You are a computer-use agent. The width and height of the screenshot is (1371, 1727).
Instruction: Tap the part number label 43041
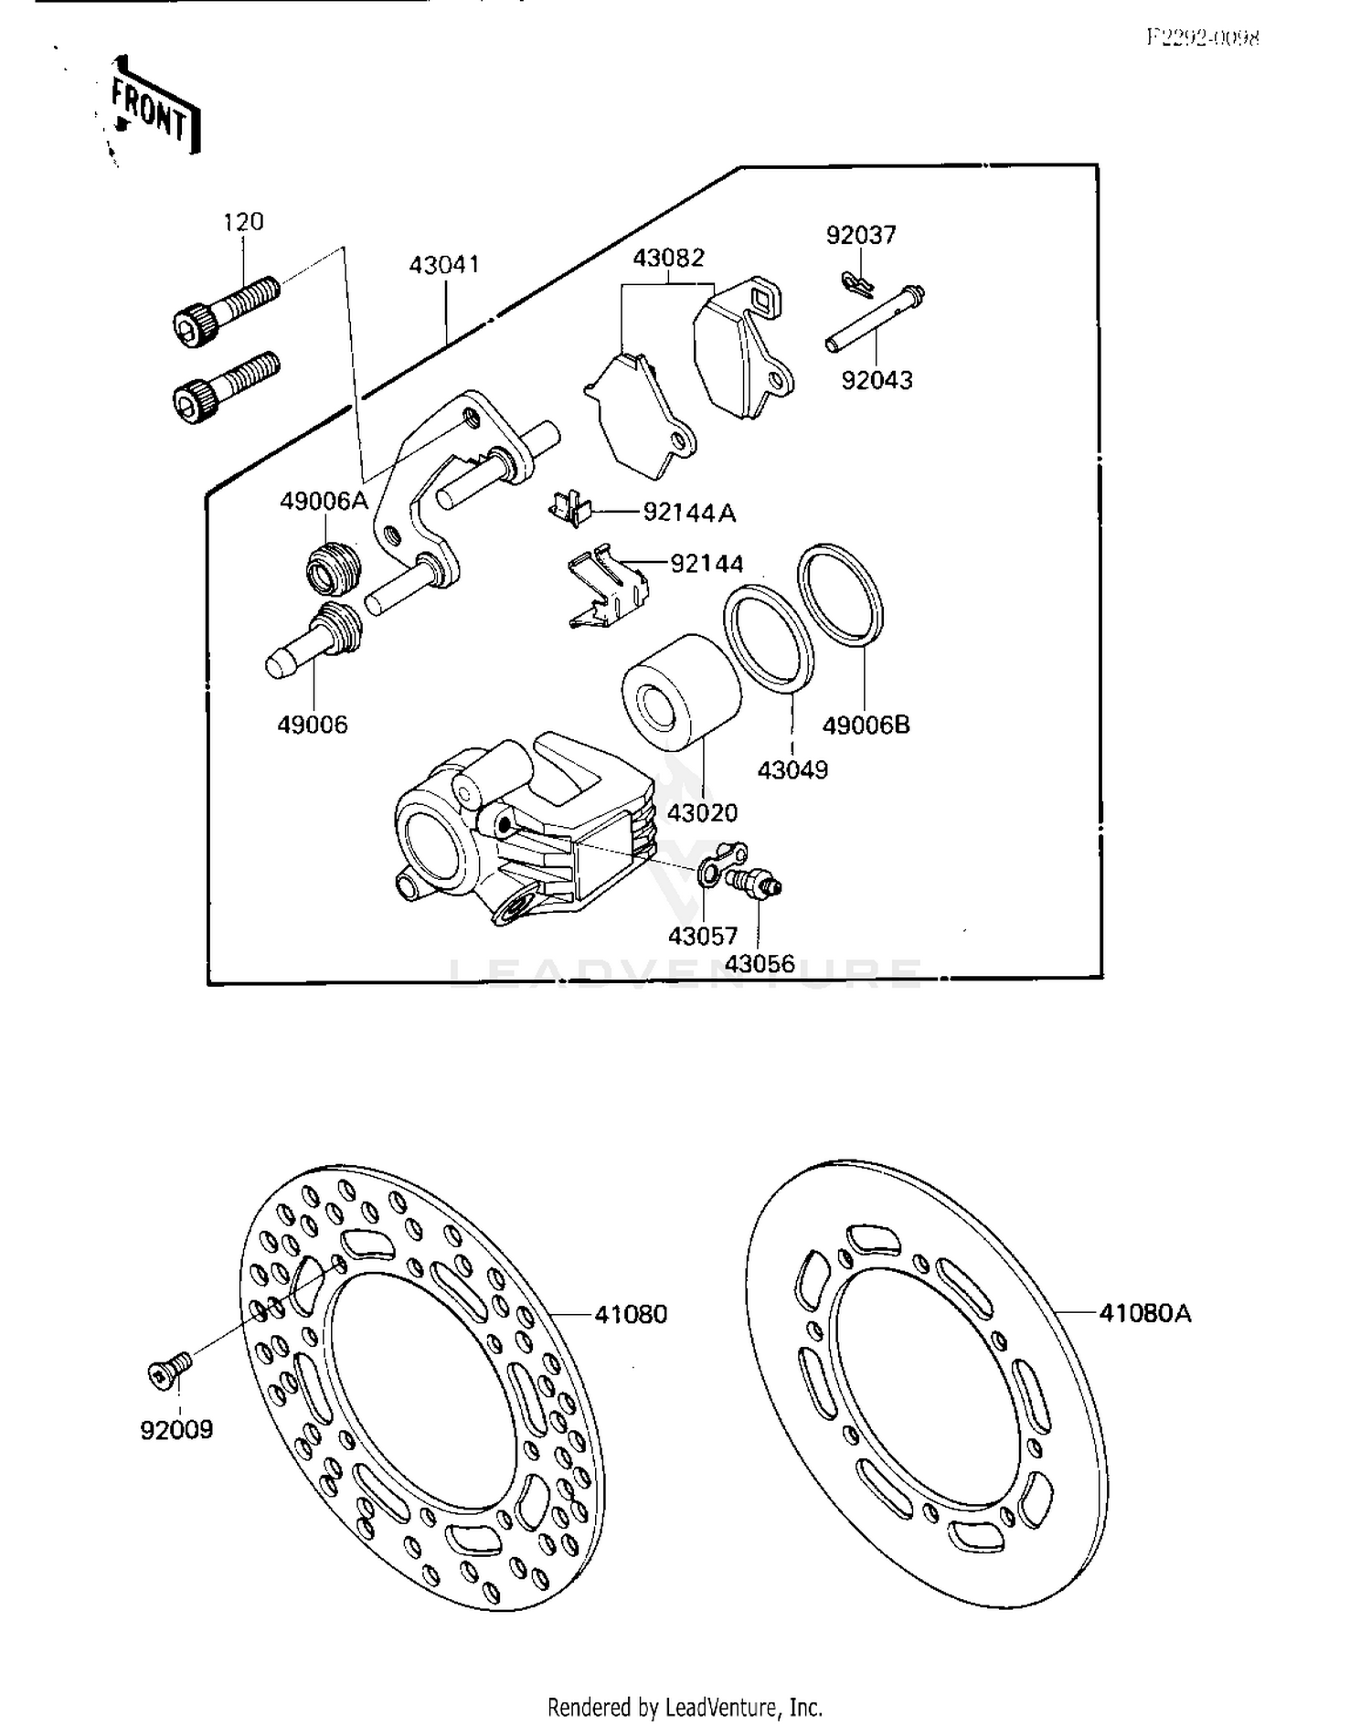(444, 265)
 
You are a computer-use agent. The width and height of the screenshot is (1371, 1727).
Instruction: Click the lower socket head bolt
(225, 387)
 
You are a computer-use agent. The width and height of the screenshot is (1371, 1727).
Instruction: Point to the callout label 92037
(861, 236)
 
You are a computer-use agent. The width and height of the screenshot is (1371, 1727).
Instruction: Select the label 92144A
(689, 513)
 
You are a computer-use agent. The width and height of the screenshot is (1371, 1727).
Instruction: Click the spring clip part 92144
(606, 588)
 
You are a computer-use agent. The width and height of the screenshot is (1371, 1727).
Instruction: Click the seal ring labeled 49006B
(841, 595)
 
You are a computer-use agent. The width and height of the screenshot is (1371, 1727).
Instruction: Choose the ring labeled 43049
(769, 636)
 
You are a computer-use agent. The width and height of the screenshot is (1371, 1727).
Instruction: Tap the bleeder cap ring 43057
(722, 864)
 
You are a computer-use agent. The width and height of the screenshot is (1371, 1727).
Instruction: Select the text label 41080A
(1145, 1314)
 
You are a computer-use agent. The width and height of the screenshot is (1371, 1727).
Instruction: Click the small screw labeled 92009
(171, 1371)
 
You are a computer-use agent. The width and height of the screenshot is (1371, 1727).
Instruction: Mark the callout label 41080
(631, 1315)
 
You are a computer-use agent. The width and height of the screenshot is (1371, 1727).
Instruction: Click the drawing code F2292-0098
(1204, 37)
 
